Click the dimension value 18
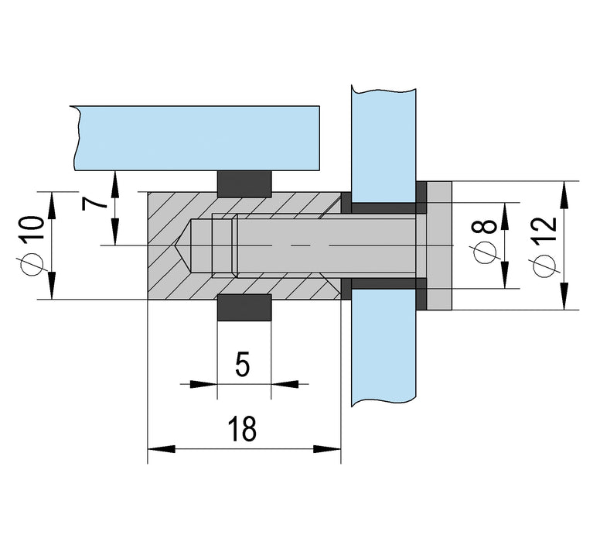[243, 428]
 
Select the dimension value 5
[243, 364]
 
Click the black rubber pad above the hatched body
[244, 183]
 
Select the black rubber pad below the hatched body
[244, 307]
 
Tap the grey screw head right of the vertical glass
[438, 245]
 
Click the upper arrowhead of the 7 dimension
[114, 179]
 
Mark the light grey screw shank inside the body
[325, 245]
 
